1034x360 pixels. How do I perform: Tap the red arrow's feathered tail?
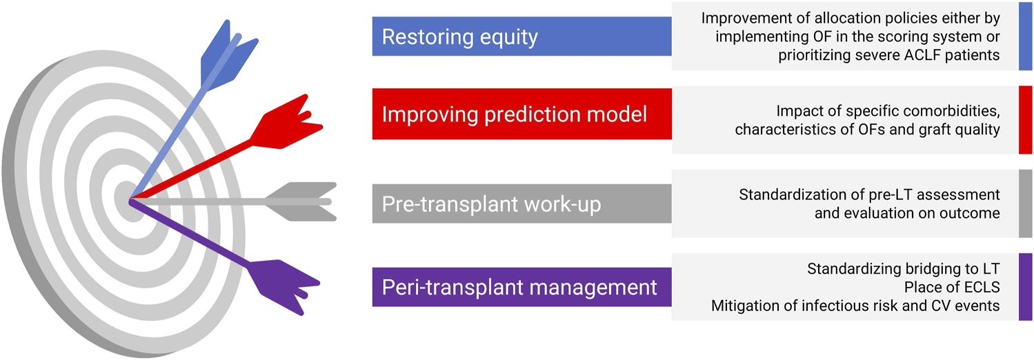click(x=287, y=122)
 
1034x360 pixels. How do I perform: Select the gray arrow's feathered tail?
click(x=301, y=201)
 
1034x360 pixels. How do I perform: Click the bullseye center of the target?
click(x=130, y=201)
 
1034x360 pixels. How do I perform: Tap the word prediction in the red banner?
click(x=527, y=114)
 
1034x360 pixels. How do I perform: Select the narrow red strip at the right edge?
click(x=1025, y=119)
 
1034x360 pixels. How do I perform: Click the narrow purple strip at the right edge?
click(x=1025, y=287)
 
